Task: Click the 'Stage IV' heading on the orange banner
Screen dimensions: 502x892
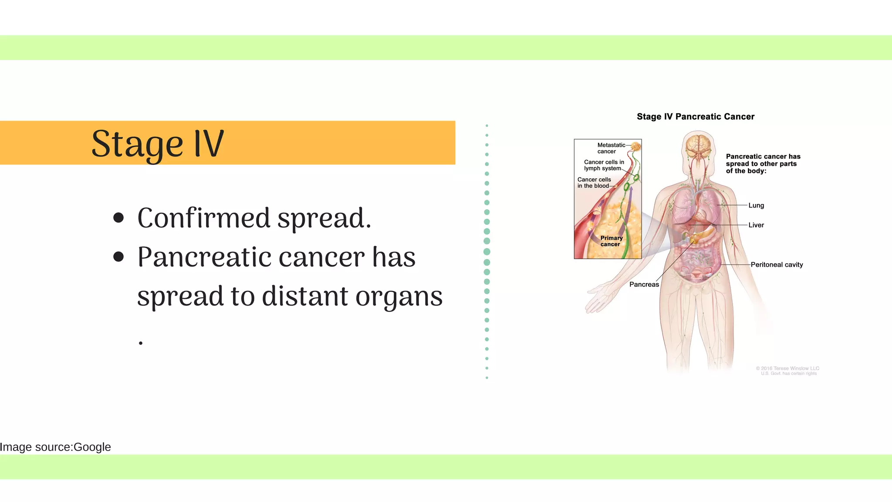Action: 157,144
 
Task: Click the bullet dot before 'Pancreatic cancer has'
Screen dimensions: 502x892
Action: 118,257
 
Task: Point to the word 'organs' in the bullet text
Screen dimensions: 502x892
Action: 399,297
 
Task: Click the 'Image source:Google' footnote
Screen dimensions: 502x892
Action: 55,447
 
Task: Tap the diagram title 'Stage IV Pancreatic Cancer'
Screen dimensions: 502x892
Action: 695,117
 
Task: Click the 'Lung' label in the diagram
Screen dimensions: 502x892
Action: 756,206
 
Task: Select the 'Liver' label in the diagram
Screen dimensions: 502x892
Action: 756,225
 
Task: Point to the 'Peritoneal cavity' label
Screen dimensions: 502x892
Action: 776,265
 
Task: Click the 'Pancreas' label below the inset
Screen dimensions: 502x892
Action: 644,285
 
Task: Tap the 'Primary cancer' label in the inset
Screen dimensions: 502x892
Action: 611,241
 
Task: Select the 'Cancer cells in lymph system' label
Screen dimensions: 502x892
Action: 603,165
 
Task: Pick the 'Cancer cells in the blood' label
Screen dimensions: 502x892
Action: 594,183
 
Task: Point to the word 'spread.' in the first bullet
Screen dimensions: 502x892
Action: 324,219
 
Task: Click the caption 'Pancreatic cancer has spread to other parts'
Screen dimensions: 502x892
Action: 763,160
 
